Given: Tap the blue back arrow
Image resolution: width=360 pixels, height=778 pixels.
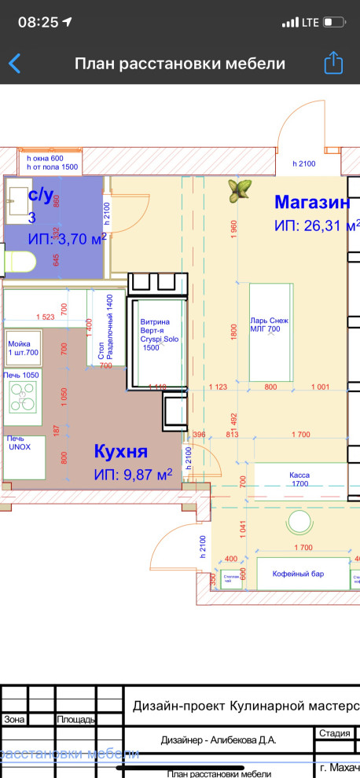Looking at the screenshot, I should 14,64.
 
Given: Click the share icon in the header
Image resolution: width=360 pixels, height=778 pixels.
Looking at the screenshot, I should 334,63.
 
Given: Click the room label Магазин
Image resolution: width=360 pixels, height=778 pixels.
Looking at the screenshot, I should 312,202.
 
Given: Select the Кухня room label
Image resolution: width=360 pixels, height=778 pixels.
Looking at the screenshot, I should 121,452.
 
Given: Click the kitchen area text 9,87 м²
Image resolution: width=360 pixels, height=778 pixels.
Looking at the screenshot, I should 133,475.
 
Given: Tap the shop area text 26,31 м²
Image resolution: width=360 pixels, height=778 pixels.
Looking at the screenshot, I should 310,226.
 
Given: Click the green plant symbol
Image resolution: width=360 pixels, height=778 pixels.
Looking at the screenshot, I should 240,188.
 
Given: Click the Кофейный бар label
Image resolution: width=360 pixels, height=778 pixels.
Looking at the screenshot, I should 298,574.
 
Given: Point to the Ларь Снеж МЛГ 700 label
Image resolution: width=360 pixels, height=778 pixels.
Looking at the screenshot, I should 270,325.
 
